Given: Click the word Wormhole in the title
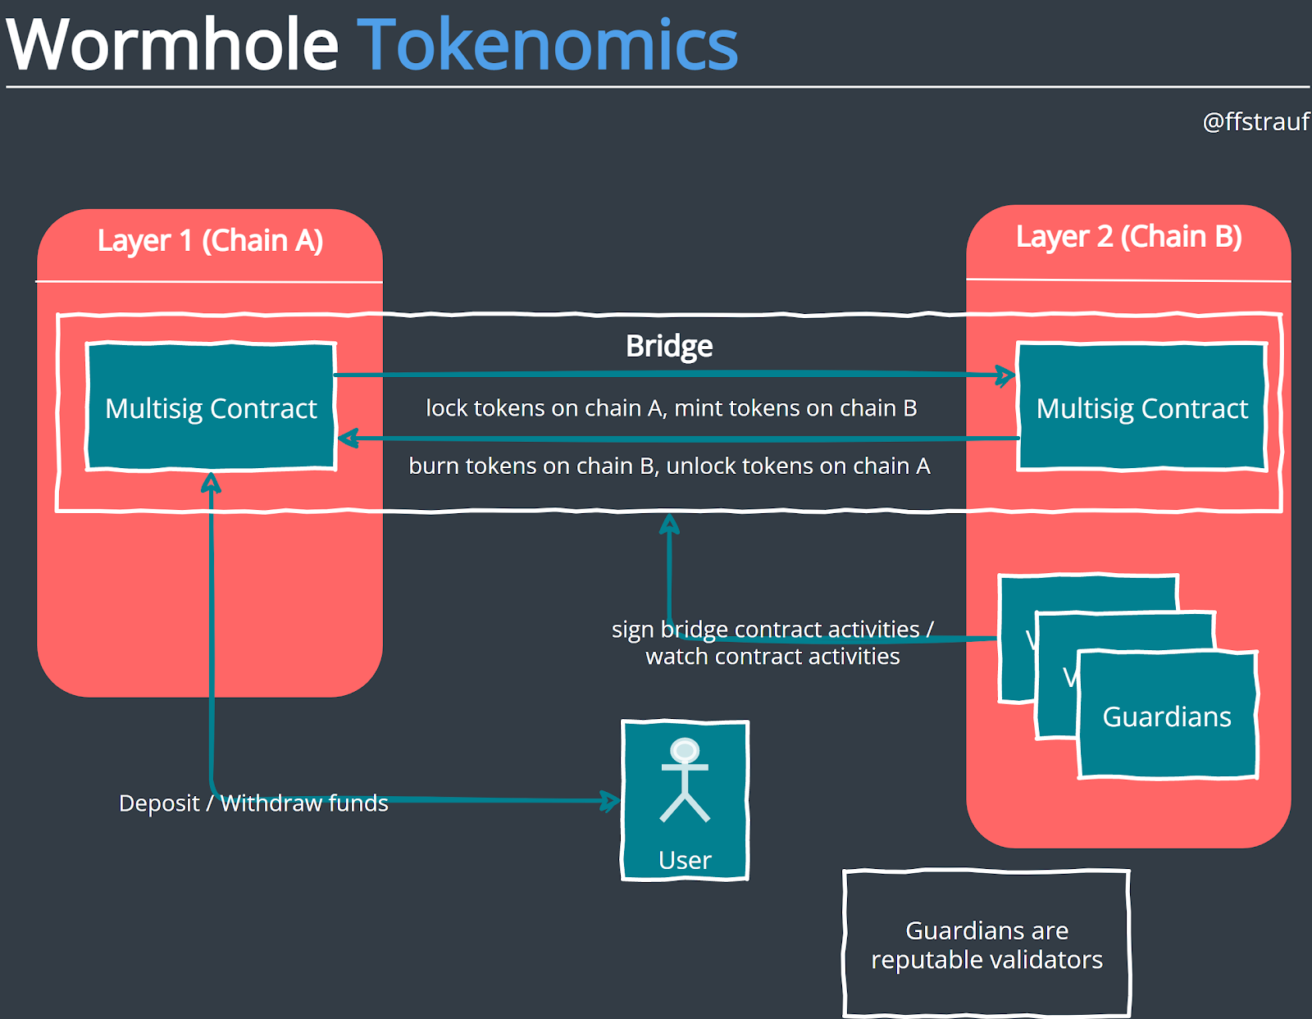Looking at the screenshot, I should tap(172, 46).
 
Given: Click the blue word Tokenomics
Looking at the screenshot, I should tap(547, 46).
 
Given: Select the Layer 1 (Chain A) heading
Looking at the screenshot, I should tap(210, 241).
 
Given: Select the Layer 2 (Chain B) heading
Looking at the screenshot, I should tap(1128, 237).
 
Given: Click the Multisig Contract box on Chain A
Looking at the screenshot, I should tap(211, 407).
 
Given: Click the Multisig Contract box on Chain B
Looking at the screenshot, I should tap(1141, 407).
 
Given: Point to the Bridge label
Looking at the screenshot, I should tap(669, 346).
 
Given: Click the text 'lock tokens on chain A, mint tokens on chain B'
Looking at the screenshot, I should tap(671, 408).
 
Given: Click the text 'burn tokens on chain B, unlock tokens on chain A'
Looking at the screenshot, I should tap(669, 466).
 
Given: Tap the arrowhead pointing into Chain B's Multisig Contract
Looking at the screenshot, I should tap(1006, 376).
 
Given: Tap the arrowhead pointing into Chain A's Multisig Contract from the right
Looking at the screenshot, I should tap(348, 439).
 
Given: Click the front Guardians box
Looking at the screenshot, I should tap(1167, 716).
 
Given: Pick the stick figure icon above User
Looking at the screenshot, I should tap(685, 779).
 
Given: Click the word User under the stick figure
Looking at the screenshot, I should tap(685, 860).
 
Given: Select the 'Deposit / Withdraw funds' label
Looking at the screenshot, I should tap(253, 803).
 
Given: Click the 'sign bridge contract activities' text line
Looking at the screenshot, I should tap(772, 629).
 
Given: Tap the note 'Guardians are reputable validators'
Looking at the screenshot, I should tap(986, 944).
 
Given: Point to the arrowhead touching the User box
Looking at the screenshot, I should tap(611, 801).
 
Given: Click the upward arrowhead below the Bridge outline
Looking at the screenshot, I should tap(670, 523).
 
